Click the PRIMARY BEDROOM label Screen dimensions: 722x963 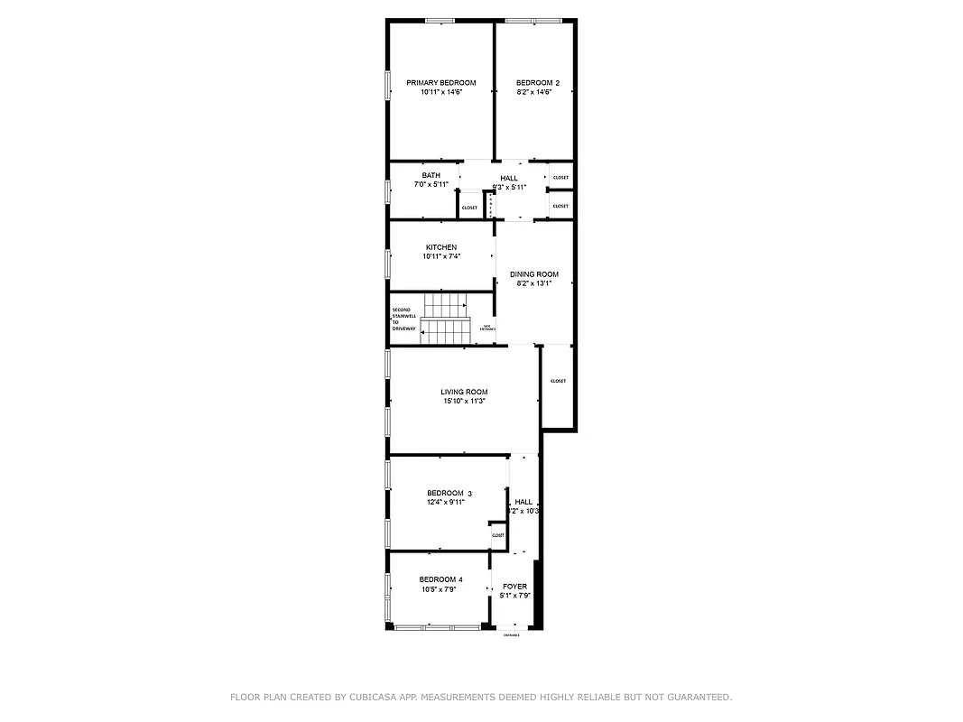[x=440, y=83]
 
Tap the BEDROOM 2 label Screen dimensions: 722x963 [x=537, y=83]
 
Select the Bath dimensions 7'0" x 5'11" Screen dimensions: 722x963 [x=431, y=184]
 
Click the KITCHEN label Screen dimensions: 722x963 [x=440, y=247]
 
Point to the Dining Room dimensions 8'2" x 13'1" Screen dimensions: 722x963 [x=533, y=283]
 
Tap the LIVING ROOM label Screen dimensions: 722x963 [x=464, y=392]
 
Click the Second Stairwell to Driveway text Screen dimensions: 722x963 [x=403, y=319]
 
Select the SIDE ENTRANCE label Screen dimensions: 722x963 [x=486, y=328]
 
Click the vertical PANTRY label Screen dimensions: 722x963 [x=490, y=207]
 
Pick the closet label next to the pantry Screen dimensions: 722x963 [x=469, y=208]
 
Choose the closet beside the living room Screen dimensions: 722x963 [x=558, y=381]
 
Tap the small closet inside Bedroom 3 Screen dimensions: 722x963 [x=497, y=535]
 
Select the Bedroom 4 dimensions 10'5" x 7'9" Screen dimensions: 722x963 [x=439, y=589]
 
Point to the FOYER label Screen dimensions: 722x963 [x=514, y=587]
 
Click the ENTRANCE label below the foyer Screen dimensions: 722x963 [x=511, y=635]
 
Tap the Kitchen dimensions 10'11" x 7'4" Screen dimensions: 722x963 [x=440, y=256]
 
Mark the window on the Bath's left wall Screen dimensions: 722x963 [x=388, y=192]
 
